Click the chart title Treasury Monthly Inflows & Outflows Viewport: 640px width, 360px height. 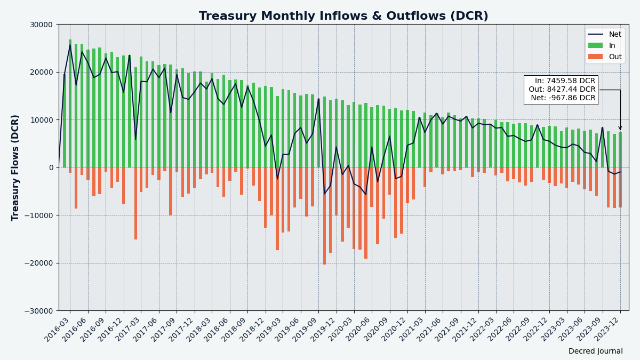(x=343, y=17)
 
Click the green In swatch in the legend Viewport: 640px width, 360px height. (x=595, y=46)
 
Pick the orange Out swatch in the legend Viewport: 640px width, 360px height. (x=595, y=57)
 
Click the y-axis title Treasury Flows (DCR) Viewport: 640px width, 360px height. (x=15, y=167)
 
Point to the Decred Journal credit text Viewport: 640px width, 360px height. (x=595, y=351)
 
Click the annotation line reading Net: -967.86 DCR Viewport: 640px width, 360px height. (x=562, y=98)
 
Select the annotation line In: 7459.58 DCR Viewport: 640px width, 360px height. (x=565, y=81)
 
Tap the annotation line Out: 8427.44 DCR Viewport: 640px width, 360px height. (x=562, y=90)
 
